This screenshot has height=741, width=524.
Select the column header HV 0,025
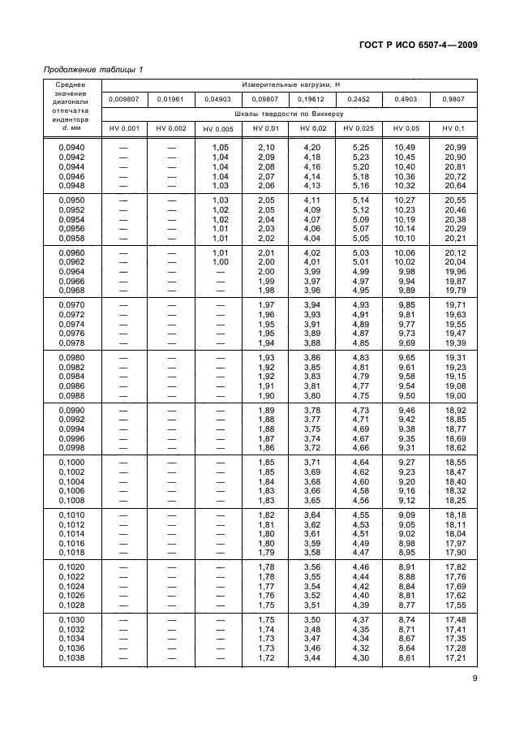[359, 129]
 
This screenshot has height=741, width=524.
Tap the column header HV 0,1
[453, 129]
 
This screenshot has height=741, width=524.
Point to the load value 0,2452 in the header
[359, 99]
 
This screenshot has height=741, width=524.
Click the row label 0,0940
[72, 147]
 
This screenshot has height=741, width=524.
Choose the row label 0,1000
[72, 461]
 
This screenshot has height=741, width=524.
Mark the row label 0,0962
[72, 262]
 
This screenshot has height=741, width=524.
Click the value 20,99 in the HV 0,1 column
[455, 147]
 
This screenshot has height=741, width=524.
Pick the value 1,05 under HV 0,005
[221, 147]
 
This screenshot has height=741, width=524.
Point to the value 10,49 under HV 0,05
[406, 147]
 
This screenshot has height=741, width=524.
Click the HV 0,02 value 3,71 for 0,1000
[311, 461]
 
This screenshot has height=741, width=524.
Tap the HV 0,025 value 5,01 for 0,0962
[359, 262]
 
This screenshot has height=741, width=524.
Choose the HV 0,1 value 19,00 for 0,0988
[455, 395]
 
